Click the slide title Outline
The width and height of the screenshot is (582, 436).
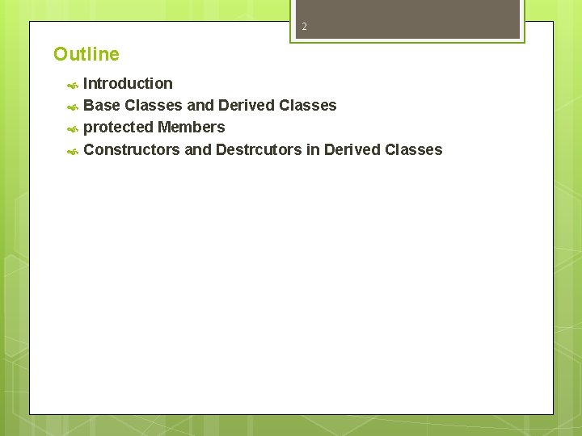pos(86,54)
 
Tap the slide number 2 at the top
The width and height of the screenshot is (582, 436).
pos(305,27)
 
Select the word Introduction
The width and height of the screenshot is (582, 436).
pos(128,83)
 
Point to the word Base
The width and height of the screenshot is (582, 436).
pos(101,105)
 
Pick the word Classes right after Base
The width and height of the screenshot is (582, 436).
pos(154,105)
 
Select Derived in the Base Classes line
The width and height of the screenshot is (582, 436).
pos(246,105)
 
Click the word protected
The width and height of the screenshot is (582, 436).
pos(118,127)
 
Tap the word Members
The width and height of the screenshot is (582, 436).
pos(192,127)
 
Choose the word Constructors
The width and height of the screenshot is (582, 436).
pos(132,149)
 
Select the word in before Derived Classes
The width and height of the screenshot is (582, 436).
pos(313,149)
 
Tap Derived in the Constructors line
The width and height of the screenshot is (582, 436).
pos(352,149)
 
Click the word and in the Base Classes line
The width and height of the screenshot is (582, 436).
pos(200,105)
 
